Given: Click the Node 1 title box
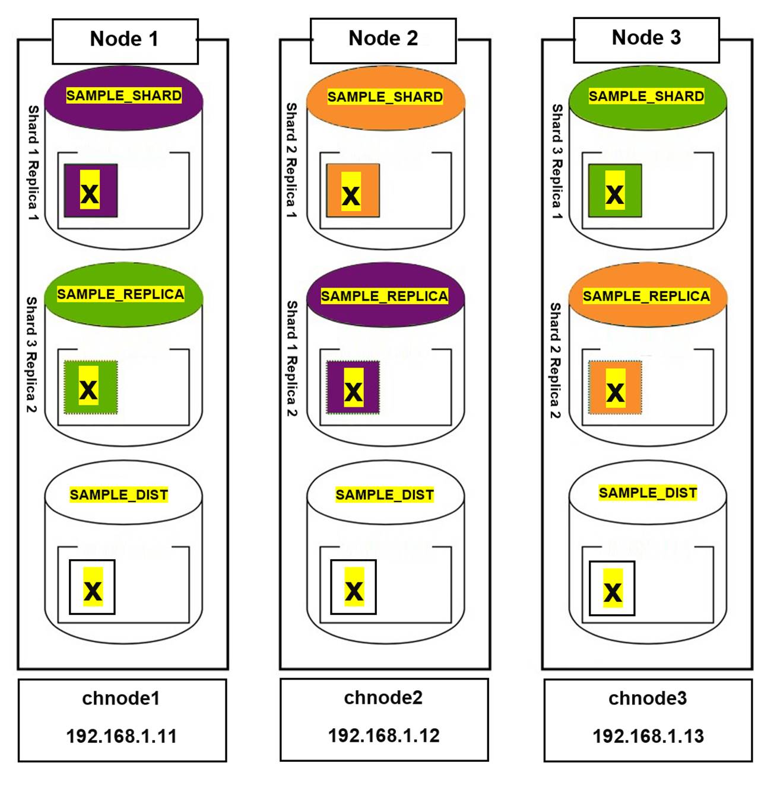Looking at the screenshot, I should [x=125, y=40].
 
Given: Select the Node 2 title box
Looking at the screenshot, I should [x=383, y=40].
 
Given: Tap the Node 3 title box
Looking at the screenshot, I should [x=646, y=39].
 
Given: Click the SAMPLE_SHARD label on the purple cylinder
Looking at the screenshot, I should [x=123, y=96].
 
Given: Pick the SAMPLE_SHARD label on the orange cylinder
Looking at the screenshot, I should [x=385, y=97].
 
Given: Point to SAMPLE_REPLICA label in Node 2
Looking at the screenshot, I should [x=385, y=296].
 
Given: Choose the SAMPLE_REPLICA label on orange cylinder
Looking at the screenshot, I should [x=646, y=296].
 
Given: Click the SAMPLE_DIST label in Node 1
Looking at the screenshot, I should [x=119, y=495].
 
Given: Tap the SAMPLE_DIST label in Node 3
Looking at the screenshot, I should [x=648, y=493].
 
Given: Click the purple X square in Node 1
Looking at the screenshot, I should [x=90, y=191].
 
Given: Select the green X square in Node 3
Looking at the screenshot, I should [x=615, y=191].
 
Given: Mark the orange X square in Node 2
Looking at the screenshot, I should [x=353, y=191].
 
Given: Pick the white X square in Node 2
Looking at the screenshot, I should [x=353, y=587].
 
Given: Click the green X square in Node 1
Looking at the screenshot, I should [x=90, y=388].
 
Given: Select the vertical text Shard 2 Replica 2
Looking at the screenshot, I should [x=555, y=360].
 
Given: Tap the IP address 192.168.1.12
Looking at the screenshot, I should [x=383, y=735].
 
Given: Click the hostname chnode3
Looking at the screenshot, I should [x=647, y=698].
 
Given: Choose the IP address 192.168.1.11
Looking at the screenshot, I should [x=121, y=736].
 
